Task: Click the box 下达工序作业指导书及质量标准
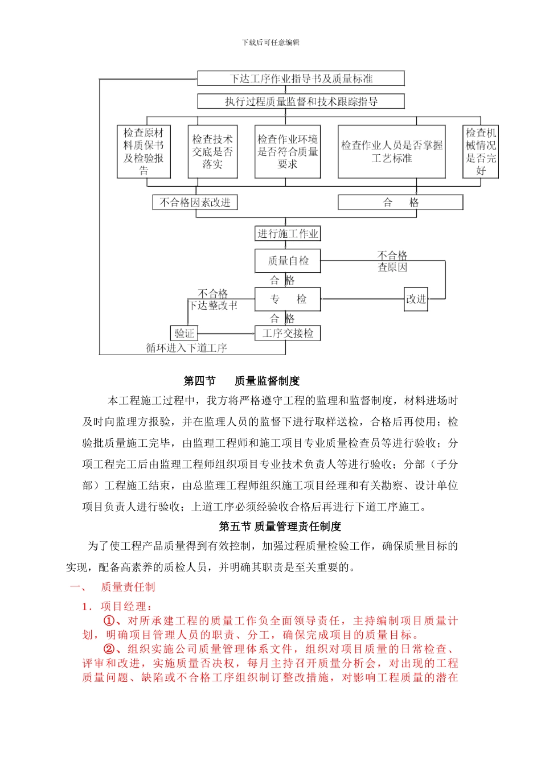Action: pyautogui.click(x=301, y=79)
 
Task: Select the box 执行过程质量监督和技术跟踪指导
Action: pyautogui.click(x=301, y=102)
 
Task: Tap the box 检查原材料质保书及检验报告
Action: pyautogui.click(x=144, y=152)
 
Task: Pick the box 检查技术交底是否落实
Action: pyautogui.click(x=212, y=152)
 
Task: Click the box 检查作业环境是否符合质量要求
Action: pyautogui.click(x=288, y=152)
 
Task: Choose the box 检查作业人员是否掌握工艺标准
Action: pyautogui.click(x=391, y=152)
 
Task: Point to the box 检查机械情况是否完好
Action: pyautogui.click(x=481, y=152)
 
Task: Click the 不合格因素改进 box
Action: pyautogui.click(x=195, y=203)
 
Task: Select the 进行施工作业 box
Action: pyautogui.click(x=288, y=233)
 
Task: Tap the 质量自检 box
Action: pyautogui.click(x=288, y=261)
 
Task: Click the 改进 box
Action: pyautogui.click(x=416, y=299)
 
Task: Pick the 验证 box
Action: pyautogui.click(x=184, y=333)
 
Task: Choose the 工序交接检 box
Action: pyautogui.click(x=288, y=333)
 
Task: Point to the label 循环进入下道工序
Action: pyautogui.click(x=187, y=348)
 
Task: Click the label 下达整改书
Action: pyautogui.click(x=214, y=306)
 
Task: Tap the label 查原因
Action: pyautogui.click(x=392, y=267)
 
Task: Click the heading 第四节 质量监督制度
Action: pyautogui.click(x=241, y=381)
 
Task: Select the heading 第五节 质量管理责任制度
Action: pyautogui.click(x=280, y=527)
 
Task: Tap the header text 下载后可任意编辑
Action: pyautogui.click(x=270, y=43)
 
